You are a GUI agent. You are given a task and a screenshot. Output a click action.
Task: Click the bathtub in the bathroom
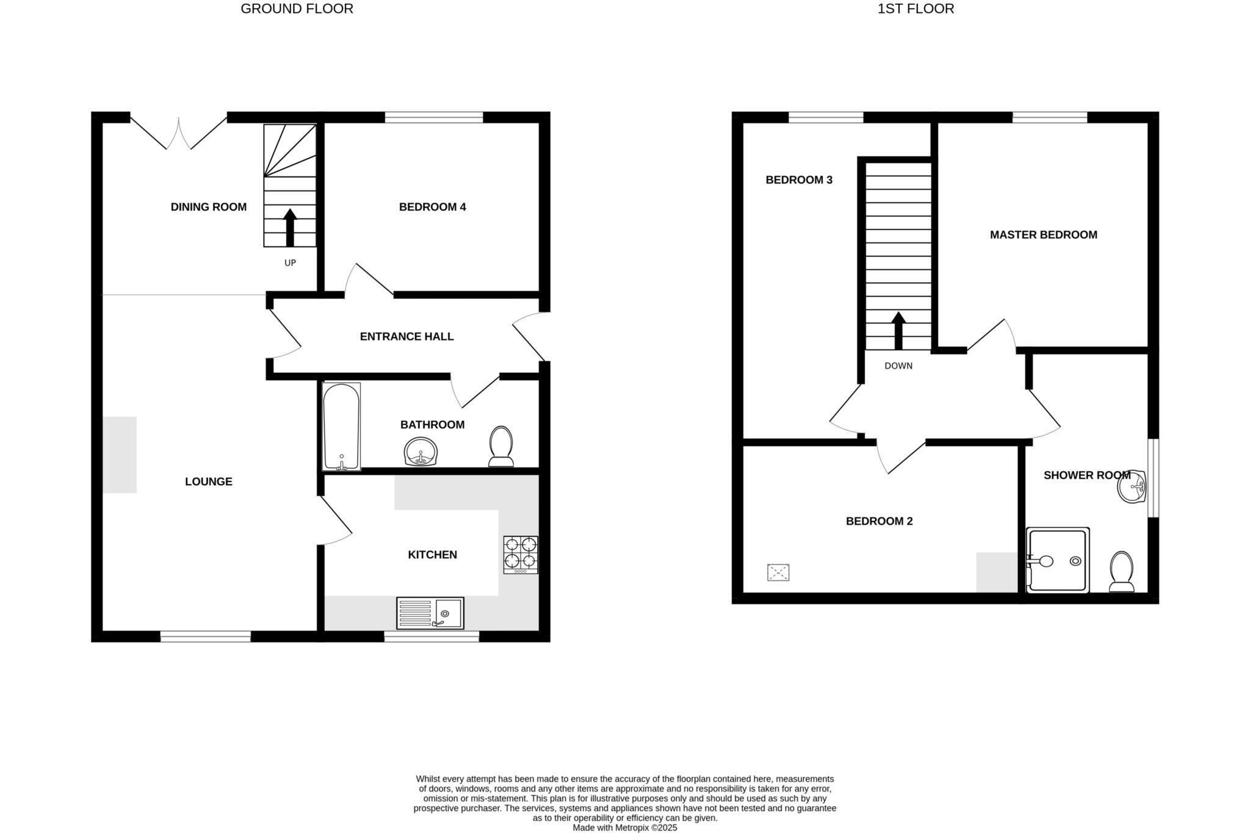341,427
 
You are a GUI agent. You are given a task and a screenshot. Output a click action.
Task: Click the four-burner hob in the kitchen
521,554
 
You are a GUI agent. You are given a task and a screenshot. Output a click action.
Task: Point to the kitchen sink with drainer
430,613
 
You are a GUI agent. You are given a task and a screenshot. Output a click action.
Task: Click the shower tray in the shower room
1058,560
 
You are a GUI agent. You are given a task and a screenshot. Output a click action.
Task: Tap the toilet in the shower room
1121,572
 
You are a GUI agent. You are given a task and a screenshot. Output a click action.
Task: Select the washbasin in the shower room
1132,487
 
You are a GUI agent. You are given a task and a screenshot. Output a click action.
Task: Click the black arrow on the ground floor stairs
290,228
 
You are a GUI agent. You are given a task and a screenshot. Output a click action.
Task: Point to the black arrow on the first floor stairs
898,331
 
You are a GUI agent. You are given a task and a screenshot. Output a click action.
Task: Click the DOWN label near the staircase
898,366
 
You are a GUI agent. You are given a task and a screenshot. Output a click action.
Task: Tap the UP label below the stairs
290,263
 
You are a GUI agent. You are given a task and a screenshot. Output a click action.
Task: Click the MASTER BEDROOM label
1043,235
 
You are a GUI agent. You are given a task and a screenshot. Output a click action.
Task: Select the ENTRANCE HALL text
406,337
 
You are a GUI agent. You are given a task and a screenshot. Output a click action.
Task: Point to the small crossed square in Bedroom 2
778,572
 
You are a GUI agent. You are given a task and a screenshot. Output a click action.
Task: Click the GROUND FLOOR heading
297,9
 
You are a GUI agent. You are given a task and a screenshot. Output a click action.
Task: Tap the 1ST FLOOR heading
916,9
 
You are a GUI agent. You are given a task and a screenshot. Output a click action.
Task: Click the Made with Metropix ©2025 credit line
624,828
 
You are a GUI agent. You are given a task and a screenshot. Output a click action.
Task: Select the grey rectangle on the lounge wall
120,455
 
